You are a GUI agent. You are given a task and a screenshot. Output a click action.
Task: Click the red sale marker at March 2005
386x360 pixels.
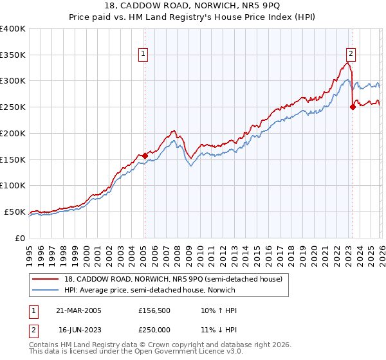click(145, 155)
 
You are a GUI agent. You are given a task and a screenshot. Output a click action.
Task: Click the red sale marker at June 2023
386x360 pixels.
click(353, 107)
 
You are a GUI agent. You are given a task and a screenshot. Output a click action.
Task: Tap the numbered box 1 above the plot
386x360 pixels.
click(142, 55)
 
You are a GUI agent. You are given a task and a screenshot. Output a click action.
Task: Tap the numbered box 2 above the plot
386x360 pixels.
click(351, 55)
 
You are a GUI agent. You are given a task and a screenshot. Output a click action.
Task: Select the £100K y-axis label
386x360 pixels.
click(13, 185)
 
